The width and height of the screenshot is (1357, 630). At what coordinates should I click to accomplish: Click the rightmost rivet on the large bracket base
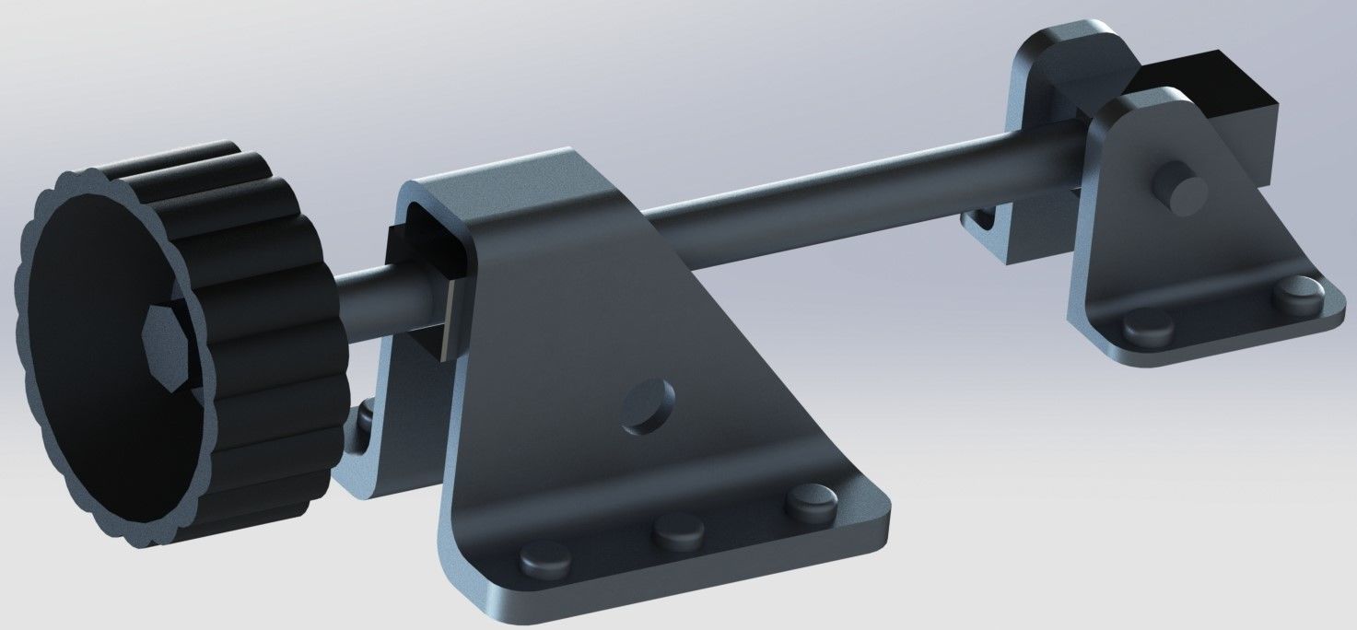click(x=811, y=501)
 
